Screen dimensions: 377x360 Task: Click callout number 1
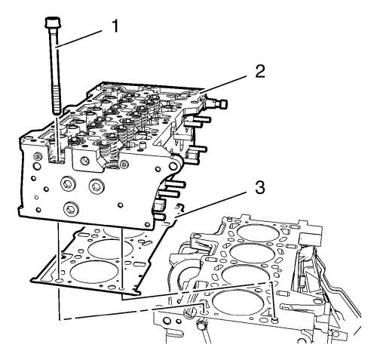115,26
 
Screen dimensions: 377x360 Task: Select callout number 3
260,188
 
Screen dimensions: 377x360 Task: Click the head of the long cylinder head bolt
52,23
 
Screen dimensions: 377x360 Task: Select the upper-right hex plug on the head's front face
97,186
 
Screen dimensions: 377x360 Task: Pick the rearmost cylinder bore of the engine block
259,233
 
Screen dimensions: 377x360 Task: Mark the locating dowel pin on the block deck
275,319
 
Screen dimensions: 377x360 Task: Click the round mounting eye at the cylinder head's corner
173,166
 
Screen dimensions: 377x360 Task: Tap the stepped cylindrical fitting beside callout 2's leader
216,103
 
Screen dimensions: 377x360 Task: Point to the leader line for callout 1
80,38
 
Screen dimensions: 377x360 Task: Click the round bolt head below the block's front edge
201,326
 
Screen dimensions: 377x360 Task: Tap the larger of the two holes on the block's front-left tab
167,321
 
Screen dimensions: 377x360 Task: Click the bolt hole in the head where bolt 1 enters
57,161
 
